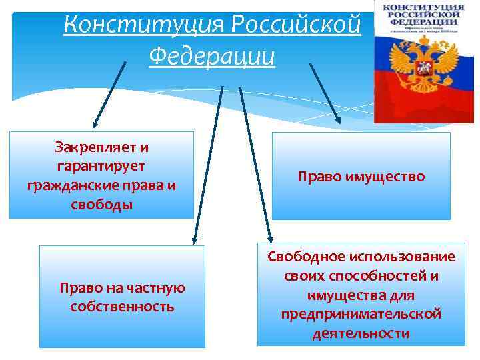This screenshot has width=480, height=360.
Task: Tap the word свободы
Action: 101,204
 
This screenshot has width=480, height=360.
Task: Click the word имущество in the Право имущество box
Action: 389,177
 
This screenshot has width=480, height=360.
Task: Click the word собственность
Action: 122,307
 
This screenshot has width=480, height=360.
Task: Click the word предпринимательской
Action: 361,313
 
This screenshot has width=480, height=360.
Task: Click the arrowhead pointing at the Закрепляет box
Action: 95,124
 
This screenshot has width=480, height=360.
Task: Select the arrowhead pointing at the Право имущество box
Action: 337,119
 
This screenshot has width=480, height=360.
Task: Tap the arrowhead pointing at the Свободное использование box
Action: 270,237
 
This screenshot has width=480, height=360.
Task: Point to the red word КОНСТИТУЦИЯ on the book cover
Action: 421,7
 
